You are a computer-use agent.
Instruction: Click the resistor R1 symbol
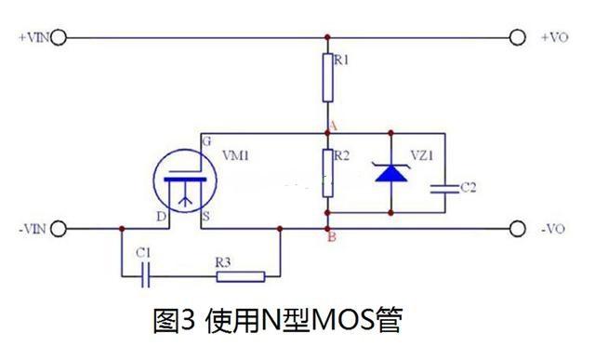coord(327,77)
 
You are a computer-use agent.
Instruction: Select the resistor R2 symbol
coord(327,172)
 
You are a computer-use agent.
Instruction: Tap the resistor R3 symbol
coord(241,275)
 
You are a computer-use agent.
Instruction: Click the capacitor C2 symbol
coord(440,188)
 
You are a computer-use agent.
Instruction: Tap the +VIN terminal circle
coord(59,37)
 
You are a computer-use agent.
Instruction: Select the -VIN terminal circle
coord(59,228)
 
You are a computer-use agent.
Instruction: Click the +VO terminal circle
coord(519,37)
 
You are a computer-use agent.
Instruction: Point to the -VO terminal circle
coord(519,228)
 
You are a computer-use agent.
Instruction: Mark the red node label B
coord(332,236)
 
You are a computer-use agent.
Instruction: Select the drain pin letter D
coord(161,217)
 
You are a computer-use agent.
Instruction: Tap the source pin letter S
coord(205,217)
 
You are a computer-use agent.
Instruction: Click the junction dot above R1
coord(327,37)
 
